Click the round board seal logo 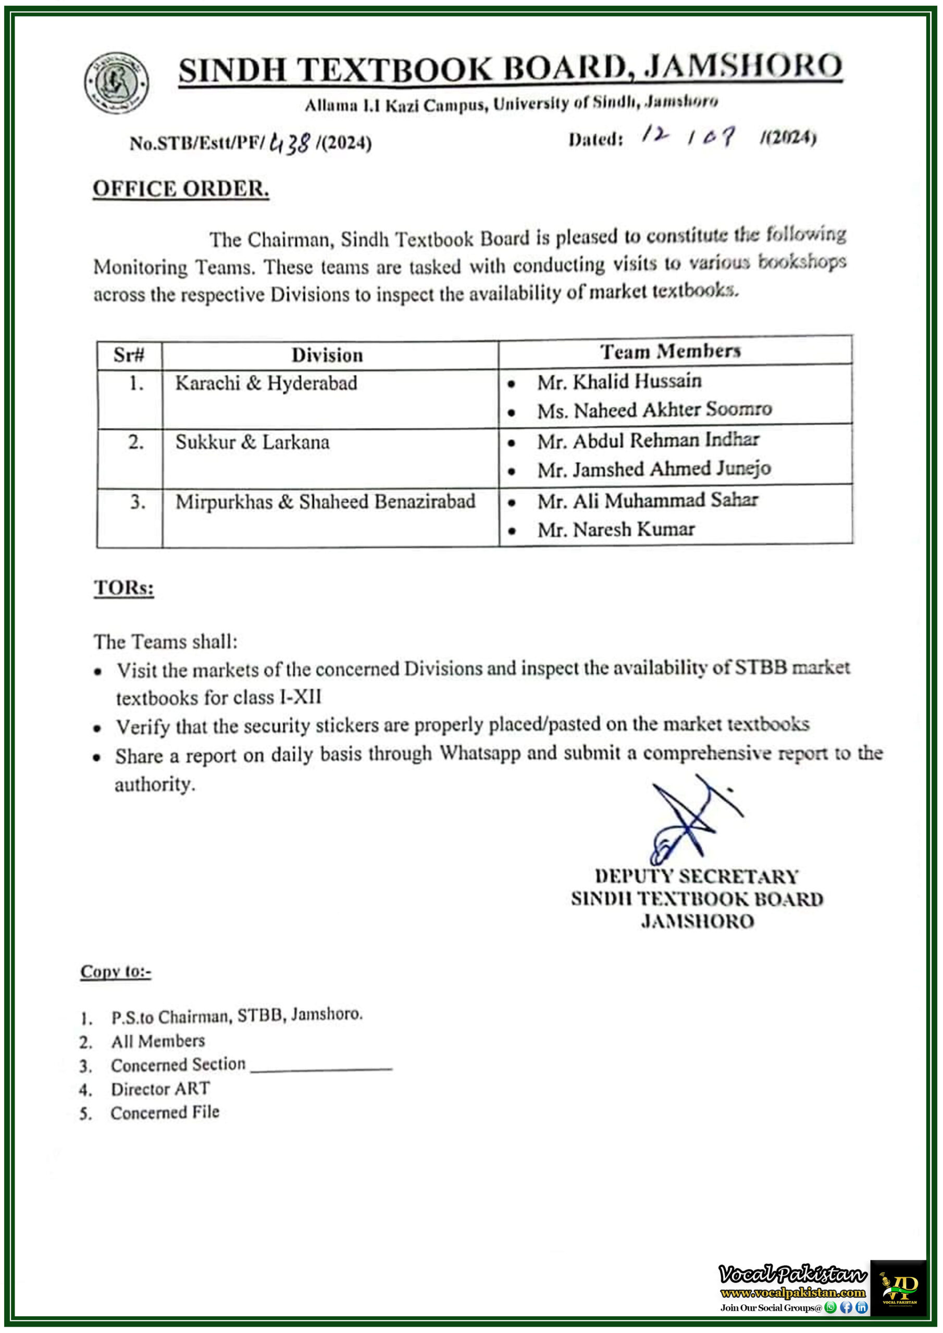(116, 82)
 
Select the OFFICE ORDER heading (181, 188)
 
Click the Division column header (327, 355)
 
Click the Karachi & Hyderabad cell (266, 383)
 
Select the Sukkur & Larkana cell (252, 443)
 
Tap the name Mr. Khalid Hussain (619, 382)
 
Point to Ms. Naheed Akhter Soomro (654, 410)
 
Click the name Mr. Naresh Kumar (615, 530)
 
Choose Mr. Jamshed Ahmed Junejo (654, 469)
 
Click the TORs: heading (124, 587)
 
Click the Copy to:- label (116, 971)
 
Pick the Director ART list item (160, 1089)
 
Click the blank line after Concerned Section (321, 1067)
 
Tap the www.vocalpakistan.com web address (792, 1293)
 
